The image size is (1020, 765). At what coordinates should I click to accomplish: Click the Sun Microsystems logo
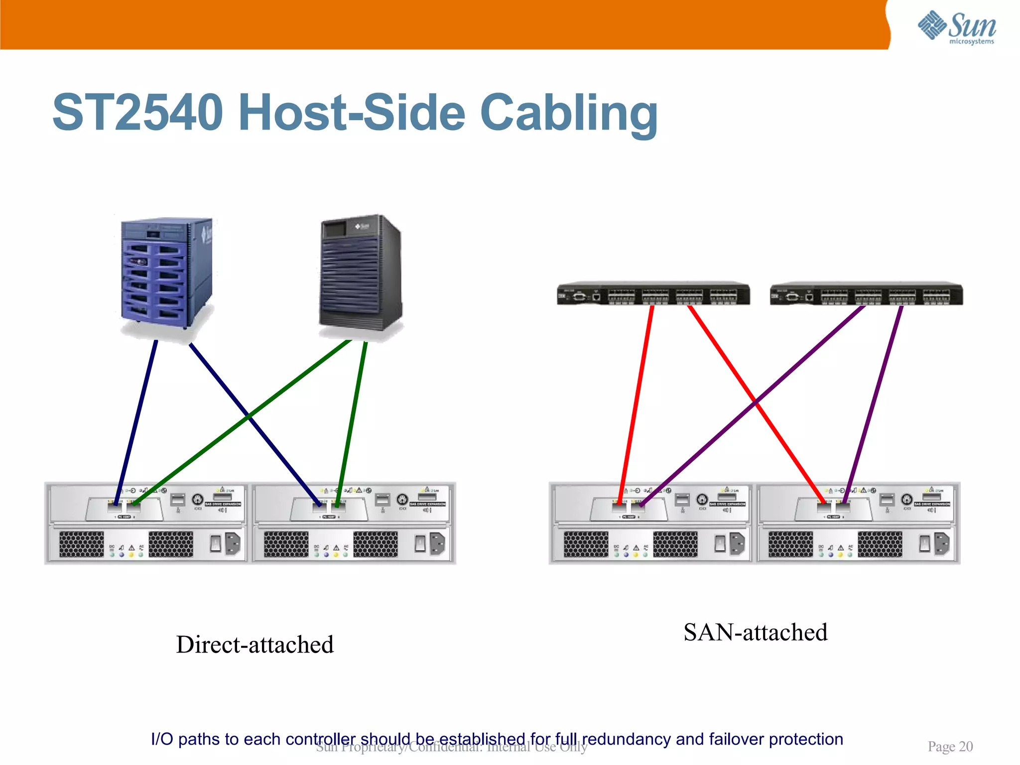click(x=956, y=27)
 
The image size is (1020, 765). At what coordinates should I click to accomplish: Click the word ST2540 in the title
click(x=137, y=113)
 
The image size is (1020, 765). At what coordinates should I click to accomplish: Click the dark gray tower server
click(x=360, y=274)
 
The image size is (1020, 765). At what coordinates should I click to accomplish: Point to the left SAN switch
click(x=653, y=294)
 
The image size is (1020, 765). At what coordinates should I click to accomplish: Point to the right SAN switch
click(x=866, y=294)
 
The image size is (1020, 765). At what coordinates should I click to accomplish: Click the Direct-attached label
click(x=255, y=644)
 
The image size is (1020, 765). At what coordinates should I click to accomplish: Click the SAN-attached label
click(x=755, y=633)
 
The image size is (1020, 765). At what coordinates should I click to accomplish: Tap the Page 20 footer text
click(x=950, y=747)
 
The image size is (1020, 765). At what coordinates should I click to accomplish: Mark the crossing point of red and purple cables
click(x=756, y=401)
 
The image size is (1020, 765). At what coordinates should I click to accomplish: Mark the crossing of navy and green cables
click(x=249, y=416)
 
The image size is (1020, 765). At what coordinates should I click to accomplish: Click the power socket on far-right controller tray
click(x=942, y=543)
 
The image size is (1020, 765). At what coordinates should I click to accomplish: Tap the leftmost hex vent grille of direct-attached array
click(x=82, y=544)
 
